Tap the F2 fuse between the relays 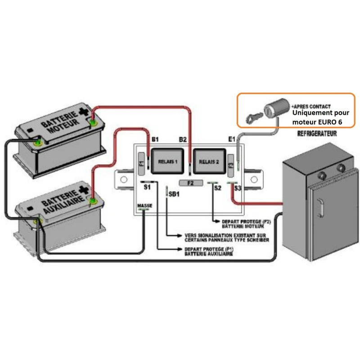(x=190, y=183)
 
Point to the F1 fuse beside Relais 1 (x=140, y=161)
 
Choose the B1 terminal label (x=156, y=139)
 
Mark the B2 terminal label (x=183, y=139)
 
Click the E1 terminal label (x=232, y=139)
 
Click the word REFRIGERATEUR (x=318, y=134)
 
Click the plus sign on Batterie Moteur (x=84, y=111)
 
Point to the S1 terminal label (x=147, y=186)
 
